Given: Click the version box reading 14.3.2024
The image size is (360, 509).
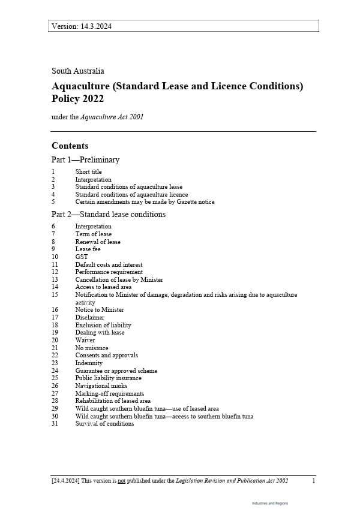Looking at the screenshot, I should [183, 26].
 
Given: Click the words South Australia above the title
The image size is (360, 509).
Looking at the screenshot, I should [77, 71].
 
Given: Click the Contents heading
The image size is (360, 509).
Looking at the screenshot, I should [70, 146].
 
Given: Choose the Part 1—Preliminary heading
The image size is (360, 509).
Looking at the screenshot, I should [85, 160].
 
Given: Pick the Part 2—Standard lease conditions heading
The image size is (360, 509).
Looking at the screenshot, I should [109, 214].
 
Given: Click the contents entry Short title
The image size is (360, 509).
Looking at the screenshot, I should [88, 171].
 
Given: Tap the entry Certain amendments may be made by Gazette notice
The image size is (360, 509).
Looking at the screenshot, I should [145, 202].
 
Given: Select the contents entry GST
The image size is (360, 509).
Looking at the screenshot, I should [81, 257].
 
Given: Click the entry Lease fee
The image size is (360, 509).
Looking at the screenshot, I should [88, 249].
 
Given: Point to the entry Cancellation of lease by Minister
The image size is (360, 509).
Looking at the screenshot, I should [119, 279].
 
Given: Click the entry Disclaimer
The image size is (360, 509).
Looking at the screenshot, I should [89, 317].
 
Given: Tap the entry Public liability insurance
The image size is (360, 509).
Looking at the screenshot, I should [108, 378].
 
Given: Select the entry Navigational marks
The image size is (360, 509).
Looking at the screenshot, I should [101, 385].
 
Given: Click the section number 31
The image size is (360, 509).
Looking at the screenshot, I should [55, 423].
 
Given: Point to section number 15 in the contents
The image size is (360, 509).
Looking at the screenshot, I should [55, 294].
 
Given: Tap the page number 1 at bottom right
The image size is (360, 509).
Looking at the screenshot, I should [314, 481].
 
